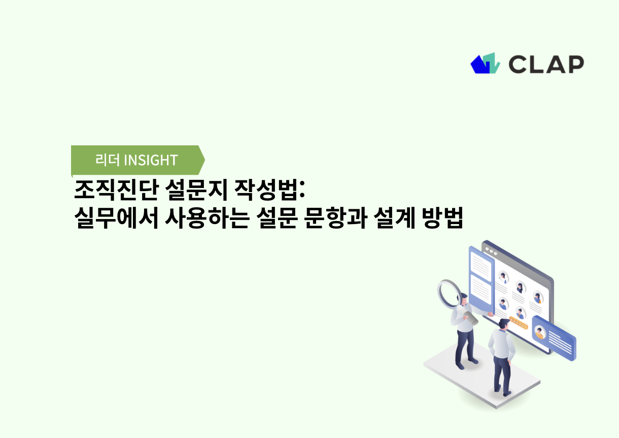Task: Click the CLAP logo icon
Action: [x=486, y=63]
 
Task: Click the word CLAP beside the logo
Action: [x=546, y=64]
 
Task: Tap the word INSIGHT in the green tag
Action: [x=151, y=160]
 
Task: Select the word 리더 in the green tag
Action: [x=108, y=160]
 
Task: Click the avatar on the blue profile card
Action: [x=539, y=333]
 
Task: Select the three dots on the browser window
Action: [x=491, y=251]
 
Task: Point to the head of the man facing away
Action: [x=502, y=323]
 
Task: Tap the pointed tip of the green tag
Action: [x=203, y=160]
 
